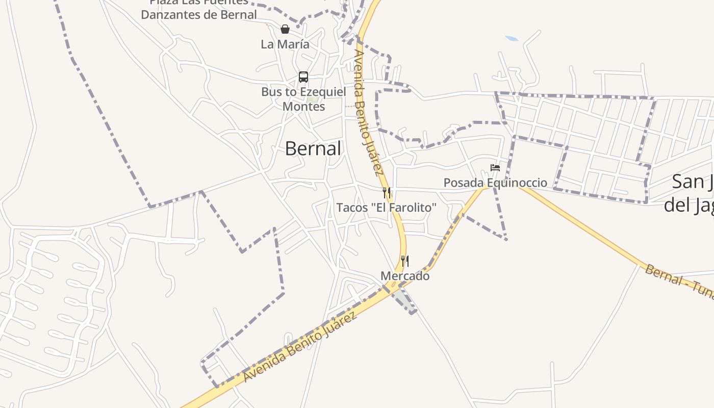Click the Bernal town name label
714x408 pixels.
pyautogui.click(x=313, y=148)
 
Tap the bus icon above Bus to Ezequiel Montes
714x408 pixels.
pyautogui.click(x=303, y=77)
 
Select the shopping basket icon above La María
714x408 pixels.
pyautogui.click(x=285, y=29)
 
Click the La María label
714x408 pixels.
pyautogui.click(x=285, y=44)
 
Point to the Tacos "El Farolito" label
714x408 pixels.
pyautogui.click(x=387, y=208)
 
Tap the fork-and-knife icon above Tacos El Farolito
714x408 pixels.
pyautogui.click(x=387, y=193)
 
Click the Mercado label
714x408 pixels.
pyautogui.click(x=405, y=276)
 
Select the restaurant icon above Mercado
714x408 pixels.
pyautogui.click(x=404, y=261)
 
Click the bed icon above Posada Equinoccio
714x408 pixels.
pyautogui.click(x=495, y=167)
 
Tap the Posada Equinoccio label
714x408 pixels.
pyautogui.click(x=495, y=183)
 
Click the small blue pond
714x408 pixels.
pyautogui.click(x=512, y=38)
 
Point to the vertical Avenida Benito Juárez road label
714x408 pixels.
pyautogui.click(x=368, y=112)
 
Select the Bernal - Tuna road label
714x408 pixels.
pyautogui.click(x=678, y=282)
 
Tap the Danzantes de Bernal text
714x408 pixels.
pyautogui.click(x=199, y=15)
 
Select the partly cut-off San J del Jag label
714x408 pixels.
pyautogui.click(x=688, y=193)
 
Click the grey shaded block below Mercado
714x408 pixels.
pyautogui.click(x=404, y=300)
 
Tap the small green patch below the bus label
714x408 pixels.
pyautogui.click(x=312, y=100)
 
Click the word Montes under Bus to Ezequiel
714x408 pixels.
pyautogui.click(x=303, y=107)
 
